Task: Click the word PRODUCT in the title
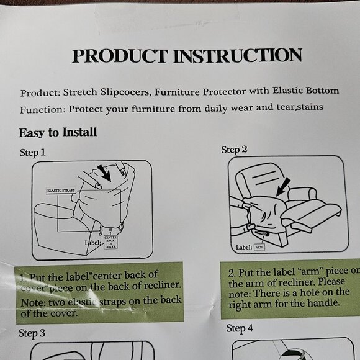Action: click(120, 56)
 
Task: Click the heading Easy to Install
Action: click(58, 133)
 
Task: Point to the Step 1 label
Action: click(32, 152)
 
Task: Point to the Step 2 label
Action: click(235, 150)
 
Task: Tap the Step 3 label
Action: click(32, 333)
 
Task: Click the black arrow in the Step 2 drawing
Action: click(282, 187)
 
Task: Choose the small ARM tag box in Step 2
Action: click(259, 247)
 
